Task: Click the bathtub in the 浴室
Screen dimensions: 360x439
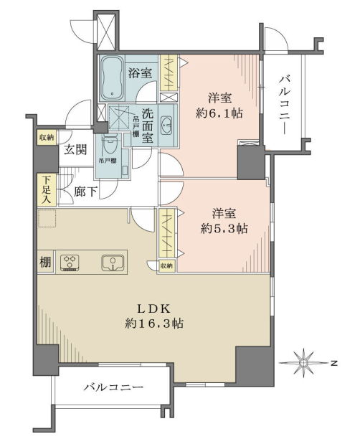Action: tap(112, 78)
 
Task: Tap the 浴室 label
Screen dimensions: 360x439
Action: tap(141, 73)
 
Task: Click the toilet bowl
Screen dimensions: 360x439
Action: tap(109, 144)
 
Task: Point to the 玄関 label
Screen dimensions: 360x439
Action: tap(75, 149)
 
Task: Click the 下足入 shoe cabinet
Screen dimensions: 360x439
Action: tap(47, 189)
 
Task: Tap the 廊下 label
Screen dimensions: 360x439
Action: tap(85, 192)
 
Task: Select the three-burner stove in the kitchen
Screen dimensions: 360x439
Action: tap(70, 263)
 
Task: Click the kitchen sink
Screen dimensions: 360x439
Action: tap(113, 263)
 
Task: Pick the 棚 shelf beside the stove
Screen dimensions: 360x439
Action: tap(45, 263)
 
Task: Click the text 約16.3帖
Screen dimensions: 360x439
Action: tap(154, 324)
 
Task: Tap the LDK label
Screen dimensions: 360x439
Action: tap(153, 309)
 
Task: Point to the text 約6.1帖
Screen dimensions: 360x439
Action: tap(219, 113)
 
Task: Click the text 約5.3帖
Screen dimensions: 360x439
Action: tap(224, 229)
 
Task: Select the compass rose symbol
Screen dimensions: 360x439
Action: tap(303, 363)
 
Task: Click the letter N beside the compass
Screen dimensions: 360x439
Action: tap(333, 363)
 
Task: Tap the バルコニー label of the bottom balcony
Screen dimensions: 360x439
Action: tap(114, 387)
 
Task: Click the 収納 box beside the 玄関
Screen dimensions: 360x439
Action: tap(47, 138)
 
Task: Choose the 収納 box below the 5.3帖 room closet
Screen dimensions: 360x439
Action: tap(167, 266)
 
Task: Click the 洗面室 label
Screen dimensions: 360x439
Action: tap(148, 126)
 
